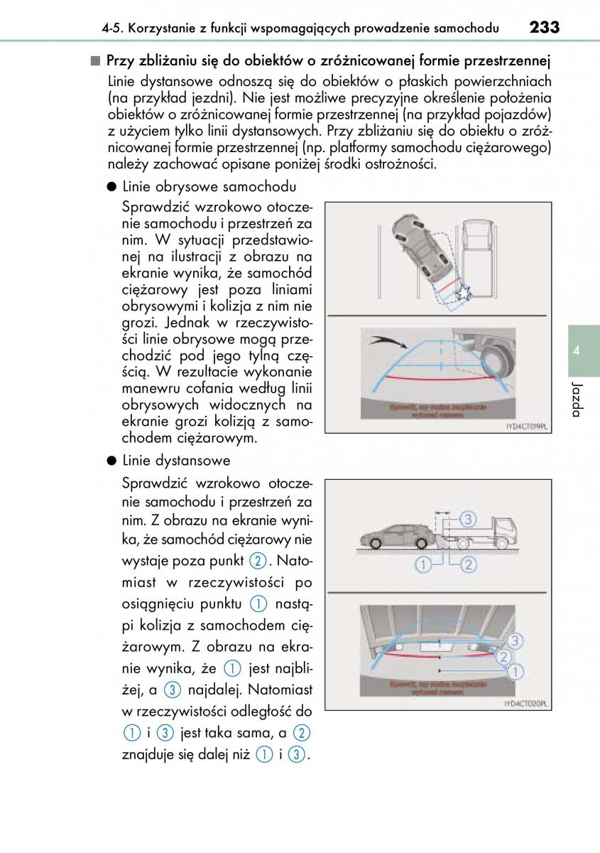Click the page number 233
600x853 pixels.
click(x=544, y=28)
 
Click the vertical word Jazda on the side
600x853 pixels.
click(x=577, y=400)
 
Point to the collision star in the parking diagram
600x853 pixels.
click(x=462, y=293)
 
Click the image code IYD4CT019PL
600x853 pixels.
click(x=526, y=426)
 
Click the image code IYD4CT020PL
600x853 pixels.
click(x=526, y=703)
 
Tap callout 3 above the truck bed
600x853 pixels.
click(x=467, y=518)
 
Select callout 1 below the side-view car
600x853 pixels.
click(x=423, y=565)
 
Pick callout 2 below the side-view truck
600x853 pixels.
click(x=468, y=565)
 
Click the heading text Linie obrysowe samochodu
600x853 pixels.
click(x=209, y=187)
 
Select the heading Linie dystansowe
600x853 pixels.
click(x=176, y=460)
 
